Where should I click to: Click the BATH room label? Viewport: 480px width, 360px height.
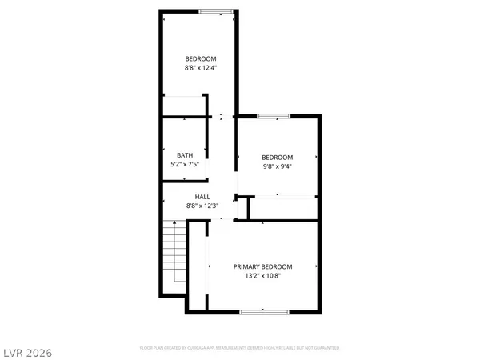tap(185, 154)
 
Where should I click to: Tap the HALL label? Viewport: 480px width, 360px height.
tap(202, 197)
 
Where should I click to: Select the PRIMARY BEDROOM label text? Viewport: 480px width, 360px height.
tap(262, 266)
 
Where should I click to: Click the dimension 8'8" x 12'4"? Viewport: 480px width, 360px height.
tap(200, 67)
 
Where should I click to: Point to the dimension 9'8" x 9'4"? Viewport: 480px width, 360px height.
tap(278, 166)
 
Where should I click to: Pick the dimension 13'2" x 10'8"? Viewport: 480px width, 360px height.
tap(262, 276)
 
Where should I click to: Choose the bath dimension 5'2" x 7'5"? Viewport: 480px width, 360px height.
tap(185, 164)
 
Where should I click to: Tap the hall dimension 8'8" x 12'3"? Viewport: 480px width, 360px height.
tap(202, 206)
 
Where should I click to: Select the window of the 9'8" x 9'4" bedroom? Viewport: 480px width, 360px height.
tap(273, 117)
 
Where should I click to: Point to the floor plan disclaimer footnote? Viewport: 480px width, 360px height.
tap(240, 348)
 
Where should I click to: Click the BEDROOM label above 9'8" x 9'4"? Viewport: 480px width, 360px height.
tap(278, 157)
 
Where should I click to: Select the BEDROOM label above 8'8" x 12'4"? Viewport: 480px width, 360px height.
tap(200, 58)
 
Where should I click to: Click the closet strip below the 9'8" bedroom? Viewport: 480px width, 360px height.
tap(284, 206)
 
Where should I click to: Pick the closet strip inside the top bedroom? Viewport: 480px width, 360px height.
tap(185, 106)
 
